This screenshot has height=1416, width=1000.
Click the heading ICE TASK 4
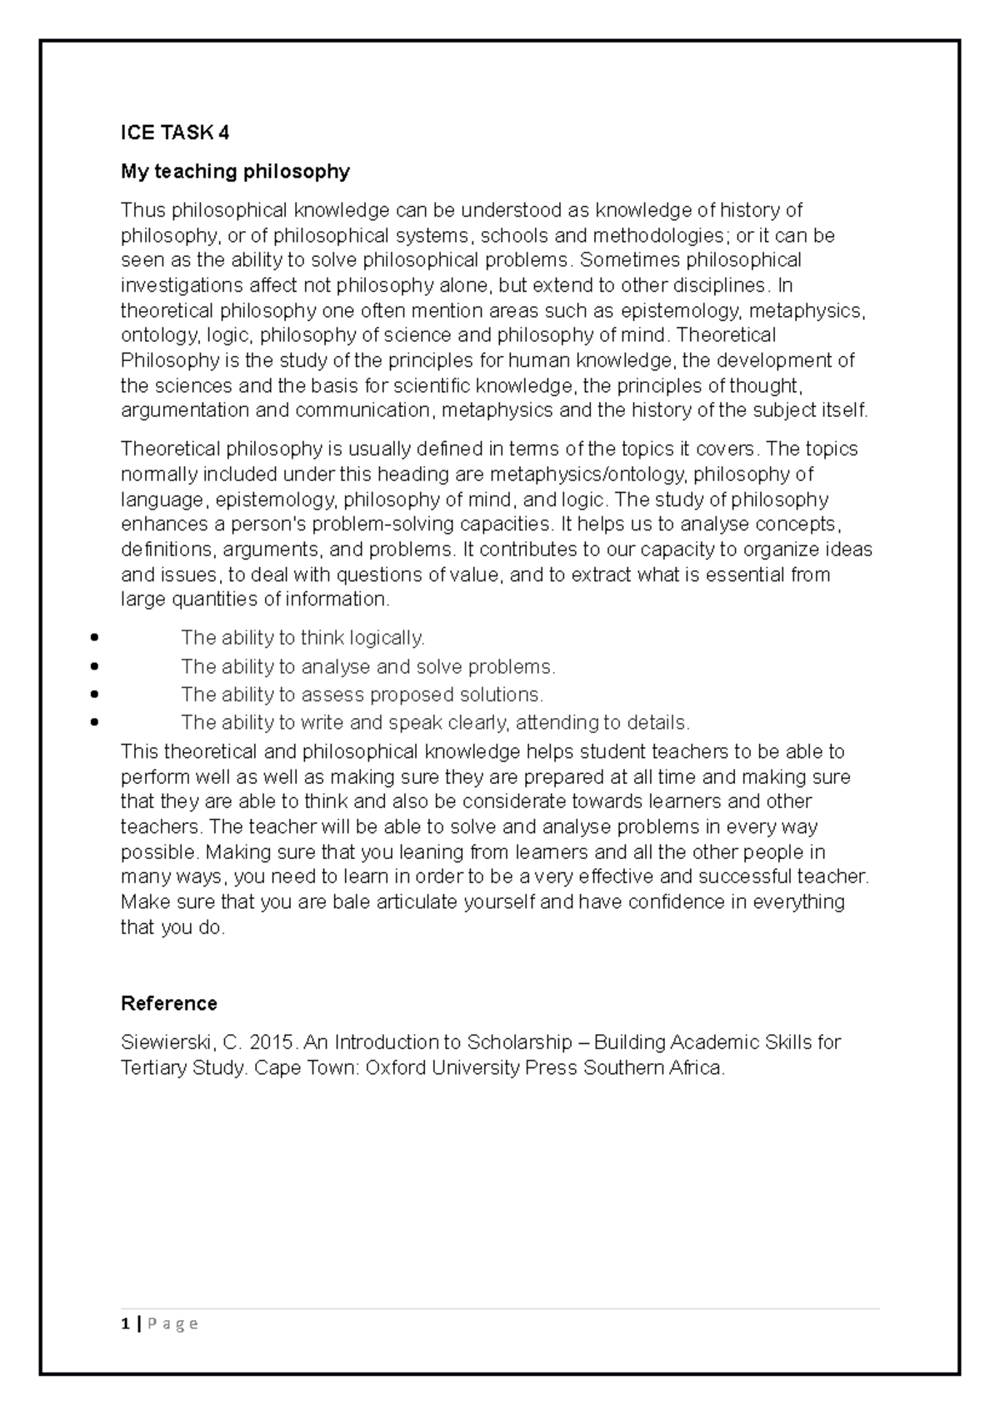coord(175,133)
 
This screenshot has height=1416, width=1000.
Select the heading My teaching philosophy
coord(235,172)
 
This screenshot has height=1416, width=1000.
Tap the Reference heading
coord(169,1003)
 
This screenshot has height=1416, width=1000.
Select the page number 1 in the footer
coord(125,1323)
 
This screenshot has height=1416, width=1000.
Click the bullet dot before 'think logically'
coord(93,639)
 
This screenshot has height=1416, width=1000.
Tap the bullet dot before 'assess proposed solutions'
coord(93,695)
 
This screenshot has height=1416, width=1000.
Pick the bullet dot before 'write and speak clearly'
coord(93,722)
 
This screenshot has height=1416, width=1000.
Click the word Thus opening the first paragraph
coord(142,209)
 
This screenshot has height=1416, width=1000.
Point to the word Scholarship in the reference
coord(519,1042)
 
